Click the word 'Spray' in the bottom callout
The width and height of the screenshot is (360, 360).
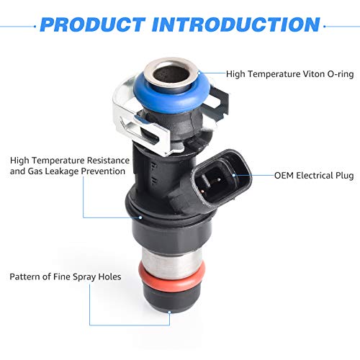77,276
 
